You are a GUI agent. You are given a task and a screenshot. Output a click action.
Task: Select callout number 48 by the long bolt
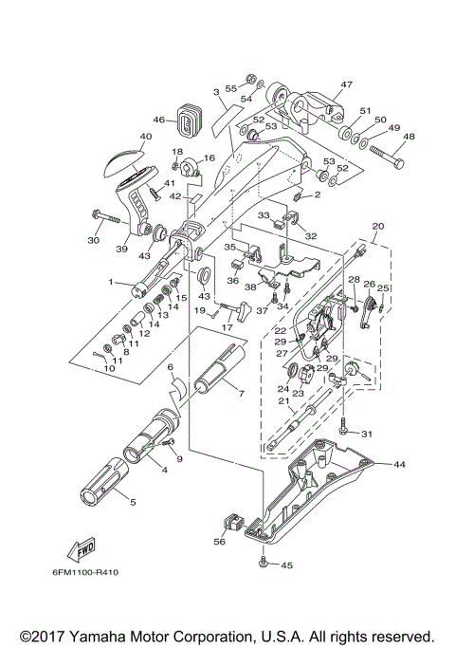pyautogui.click(x=409, y=136)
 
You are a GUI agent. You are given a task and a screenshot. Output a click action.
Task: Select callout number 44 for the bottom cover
pyautogui.click(x=399, y=464)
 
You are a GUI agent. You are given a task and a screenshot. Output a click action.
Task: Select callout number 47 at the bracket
pyautogui.click(x=347, y=84)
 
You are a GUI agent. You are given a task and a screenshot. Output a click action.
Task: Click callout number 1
pyautogui.click(x=112, y=282)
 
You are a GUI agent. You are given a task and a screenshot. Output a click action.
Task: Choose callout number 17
pyautogui.click(x=227, y=328)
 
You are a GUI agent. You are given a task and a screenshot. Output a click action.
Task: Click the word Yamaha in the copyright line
pyautogui.click(x=100, y=636)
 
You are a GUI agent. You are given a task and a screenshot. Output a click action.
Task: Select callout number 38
pyautogui.click(x=250, y=285)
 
